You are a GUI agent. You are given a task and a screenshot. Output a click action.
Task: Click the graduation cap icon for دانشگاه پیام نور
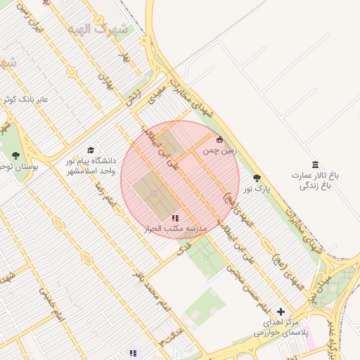pyautogui.click(x=90, y=150)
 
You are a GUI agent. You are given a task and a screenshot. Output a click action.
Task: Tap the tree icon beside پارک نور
pyautogui.click(x=257, y=178)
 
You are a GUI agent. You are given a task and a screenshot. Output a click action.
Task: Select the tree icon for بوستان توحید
pyautogui.click(x=15, y=155)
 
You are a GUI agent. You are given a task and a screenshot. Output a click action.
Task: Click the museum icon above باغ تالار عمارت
pyautogui.click(x=314, y=164)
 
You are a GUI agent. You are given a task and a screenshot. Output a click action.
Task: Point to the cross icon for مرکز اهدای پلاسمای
pyautogui.click(x=281, y=311)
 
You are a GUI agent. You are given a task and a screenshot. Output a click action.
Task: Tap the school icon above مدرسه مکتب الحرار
pyautogui.click(x=175, y=218)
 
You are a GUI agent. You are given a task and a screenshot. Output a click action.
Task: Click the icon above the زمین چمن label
pyautogui.click(x=220, y=139)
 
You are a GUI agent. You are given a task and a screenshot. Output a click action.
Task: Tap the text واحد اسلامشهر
pyautogui.click(x=89, y=171)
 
